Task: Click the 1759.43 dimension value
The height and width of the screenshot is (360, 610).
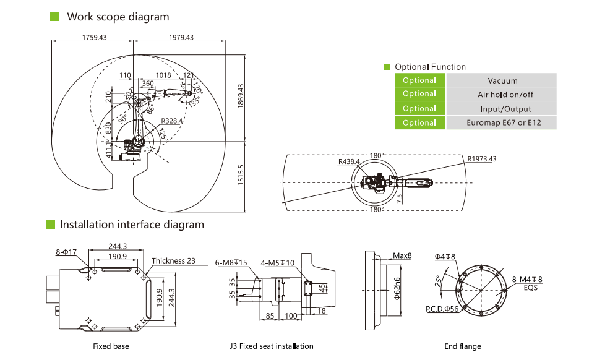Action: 95,38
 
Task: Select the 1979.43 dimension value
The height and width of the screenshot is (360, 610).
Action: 181,38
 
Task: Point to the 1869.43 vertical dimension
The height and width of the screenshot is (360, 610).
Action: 240,96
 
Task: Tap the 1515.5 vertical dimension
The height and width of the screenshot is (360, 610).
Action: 240,175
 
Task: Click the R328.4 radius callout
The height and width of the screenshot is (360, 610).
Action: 171,121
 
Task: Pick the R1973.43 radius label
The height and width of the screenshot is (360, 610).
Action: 482,159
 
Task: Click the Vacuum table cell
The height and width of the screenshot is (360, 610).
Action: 502,80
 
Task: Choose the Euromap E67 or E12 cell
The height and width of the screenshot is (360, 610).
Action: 502,123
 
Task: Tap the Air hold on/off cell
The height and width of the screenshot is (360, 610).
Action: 502,95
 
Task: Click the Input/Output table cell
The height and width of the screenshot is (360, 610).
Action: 502,109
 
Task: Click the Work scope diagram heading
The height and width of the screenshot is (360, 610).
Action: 118,17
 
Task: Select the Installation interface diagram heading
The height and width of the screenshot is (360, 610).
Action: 132,225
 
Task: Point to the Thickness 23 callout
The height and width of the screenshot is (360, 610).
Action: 173,260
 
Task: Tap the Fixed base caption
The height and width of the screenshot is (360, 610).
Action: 111,346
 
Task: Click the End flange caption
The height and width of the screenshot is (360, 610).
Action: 462,346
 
